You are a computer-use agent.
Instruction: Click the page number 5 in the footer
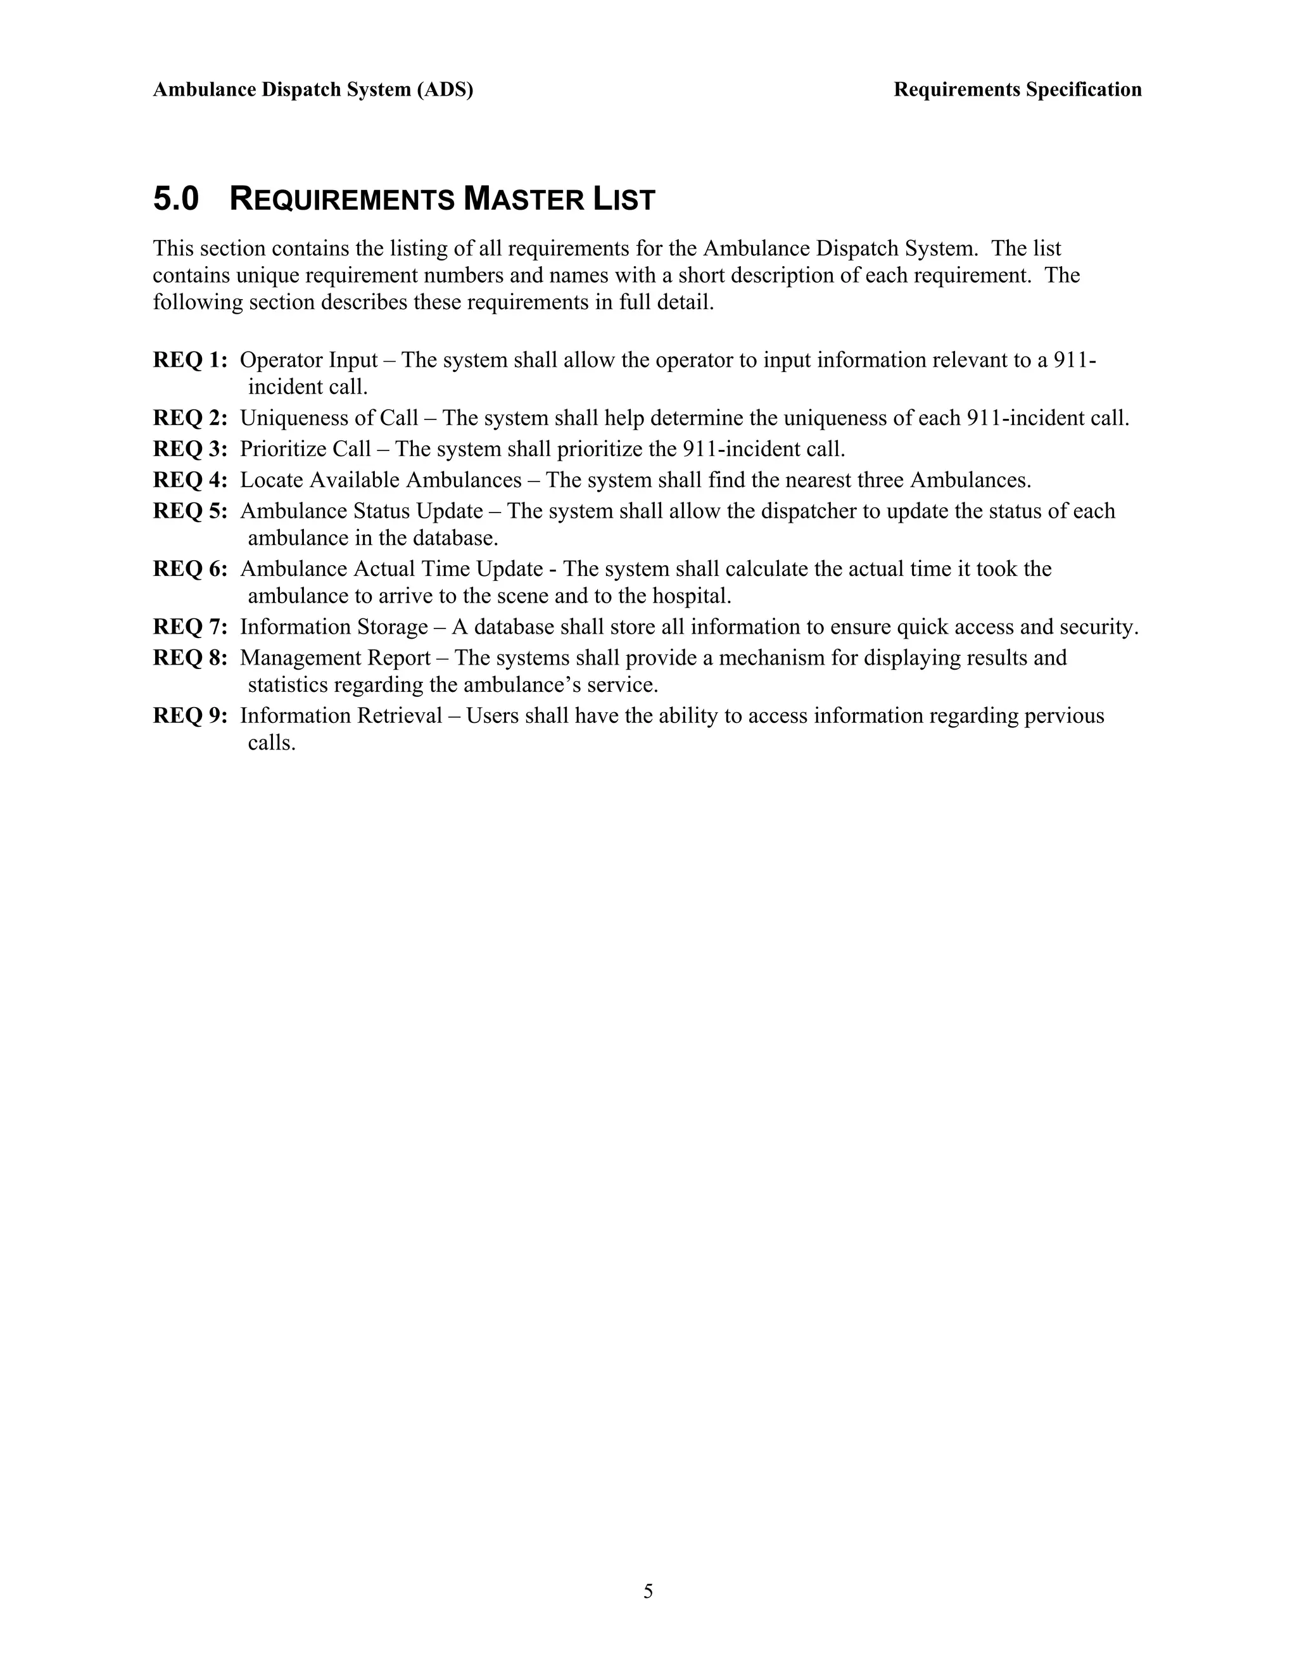(648, 1590)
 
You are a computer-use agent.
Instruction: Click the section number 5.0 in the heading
(176, 199)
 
